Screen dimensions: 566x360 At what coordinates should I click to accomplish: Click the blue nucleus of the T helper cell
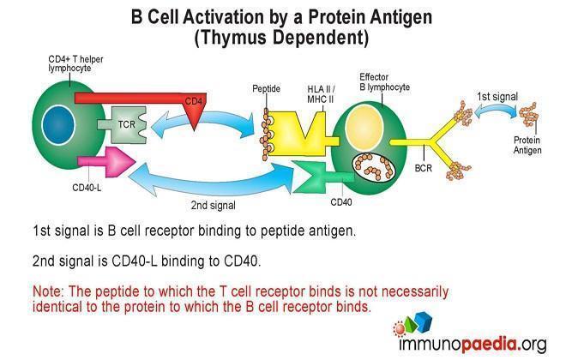coord(58,124)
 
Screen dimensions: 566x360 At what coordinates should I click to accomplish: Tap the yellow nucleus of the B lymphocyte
coord(364,128)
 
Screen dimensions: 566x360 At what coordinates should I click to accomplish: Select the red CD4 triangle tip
coord(194,129)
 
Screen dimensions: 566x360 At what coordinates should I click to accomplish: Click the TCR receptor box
coord(123,124)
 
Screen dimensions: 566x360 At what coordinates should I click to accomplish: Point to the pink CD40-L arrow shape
coord(106,162)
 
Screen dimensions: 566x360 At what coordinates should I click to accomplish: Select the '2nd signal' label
coord(213,205)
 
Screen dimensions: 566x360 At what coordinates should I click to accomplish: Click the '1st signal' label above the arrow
coord(497,97)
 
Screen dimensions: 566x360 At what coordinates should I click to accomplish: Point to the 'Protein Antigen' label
coord(527,145)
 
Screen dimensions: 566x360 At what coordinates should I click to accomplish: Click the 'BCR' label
coord(424,168)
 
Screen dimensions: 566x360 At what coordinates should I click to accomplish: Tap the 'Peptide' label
coord(266,89)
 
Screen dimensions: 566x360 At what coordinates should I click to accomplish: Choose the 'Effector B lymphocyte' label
coord(384,82)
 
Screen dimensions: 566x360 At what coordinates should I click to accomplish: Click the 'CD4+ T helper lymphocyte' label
coord(75,63)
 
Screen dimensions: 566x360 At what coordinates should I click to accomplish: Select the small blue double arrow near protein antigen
coord(497,111)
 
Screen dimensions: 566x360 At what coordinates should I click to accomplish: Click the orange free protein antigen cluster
coord(529,115)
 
